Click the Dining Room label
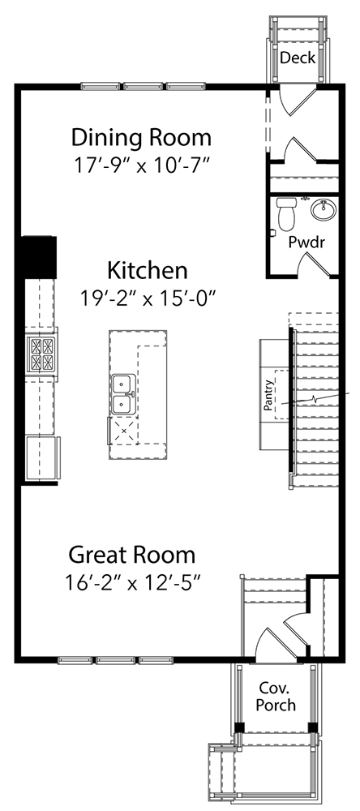(141, 137)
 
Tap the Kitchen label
(148, 270)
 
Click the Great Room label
(132, 556)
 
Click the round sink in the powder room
(324, 211)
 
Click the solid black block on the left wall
(38, 256)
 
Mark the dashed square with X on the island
(124, 430)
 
